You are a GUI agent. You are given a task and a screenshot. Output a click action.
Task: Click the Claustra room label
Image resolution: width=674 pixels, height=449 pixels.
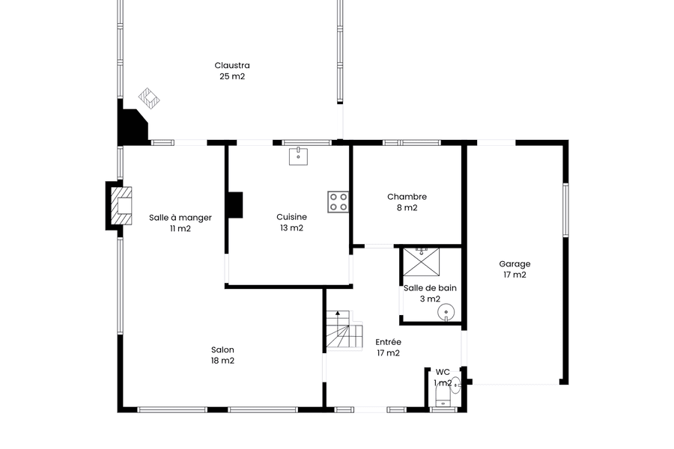(x=232, y=65)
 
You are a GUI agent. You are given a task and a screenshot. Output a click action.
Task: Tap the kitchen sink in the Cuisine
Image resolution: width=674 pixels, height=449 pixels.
(x=298, y=156)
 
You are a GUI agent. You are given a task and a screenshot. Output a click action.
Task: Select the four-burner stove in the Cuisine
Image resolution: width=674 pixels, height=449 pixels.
(x=338, y=202)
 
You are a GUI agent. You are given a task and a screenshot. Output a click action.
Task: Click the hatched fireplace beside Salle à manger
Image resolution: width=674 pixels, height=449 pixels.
(x=121, y=206)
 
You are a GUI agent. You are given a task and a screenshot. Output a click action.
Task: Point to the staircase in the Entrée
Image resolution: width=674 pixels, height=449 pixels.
(x=344, y=330)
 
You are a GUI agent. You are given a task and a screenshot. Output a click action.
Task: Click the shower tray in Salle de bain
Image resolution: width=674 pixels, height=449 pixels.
(x=421, y=262)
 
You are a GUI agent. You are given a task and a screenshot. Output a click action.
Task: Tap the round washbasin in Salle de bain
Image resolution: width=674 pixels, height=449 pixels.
(x=446, y=312)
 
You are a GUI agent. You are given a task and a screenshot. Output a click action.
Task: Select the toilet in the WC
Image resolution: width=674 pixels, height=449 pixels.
(x=443, y=396)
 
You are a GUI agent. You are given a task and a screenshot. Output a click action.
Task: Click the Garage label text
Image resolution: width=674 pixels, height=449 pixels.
(x=514, y=264)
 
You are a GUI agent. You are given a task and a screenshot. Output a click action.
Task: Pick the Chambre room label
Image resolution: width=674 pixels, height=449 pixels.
(x=407, y=197)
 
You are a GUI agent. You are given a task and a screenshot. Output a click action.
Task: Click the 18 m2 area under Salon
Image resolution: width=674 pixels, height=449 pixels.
(x=222, y=361)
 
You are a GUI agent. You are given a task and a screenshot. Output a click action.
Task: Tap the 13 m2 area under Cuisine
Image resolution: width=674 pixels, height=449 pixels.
(x=292, y=228)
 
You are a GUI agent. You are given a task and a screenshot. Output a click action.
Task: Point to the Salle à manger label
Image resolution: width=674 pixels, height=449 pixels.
(x=180, y=218)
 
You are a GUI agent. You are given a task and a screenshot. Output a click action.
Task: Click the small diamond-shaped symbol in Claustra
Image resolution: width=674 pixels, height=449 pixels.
(x=149, y=98)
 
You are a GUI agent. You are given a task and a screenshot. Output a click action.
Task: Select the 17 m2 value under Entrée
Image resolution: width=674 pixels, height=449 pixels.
(x=389, y=353)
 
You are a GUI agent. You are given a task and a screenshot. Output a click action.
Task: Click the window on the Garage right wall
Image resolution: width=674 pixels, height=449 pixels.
(x=565, y=210)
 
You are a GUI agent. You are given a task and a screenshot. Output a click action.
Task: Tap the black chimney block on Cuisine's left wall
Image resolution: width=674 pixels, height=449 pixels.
(x=235, y=204)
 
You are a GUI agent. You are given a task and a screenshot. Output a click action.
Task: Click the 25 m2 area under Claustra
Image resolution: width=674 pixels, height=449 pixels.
(x=232, y=76)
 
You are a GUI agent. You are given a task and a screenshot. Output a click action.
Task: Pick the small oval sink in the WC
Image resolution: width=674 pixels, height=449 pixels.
(x=456, y=385)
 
